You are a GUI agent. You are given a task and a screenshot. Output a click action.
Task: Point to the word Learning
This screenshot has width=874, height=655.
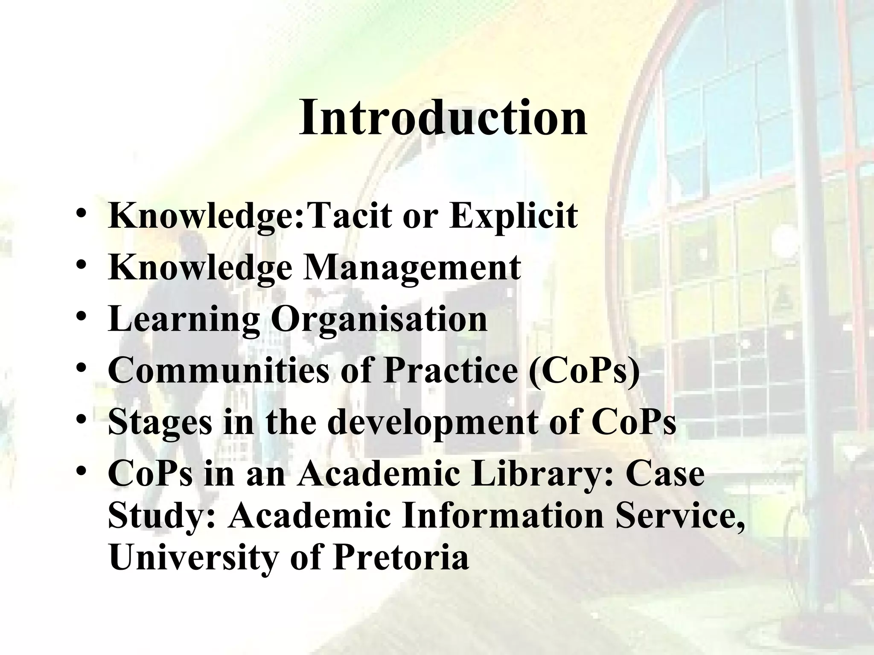point(184,319)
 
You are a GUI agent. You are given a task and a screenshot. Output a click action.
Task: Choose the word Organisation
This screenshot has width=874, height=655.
point(379,319)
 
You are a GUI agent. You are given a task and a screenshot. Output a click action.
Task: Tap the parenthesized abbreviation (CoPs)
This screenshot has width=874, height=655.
point(584,370)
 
